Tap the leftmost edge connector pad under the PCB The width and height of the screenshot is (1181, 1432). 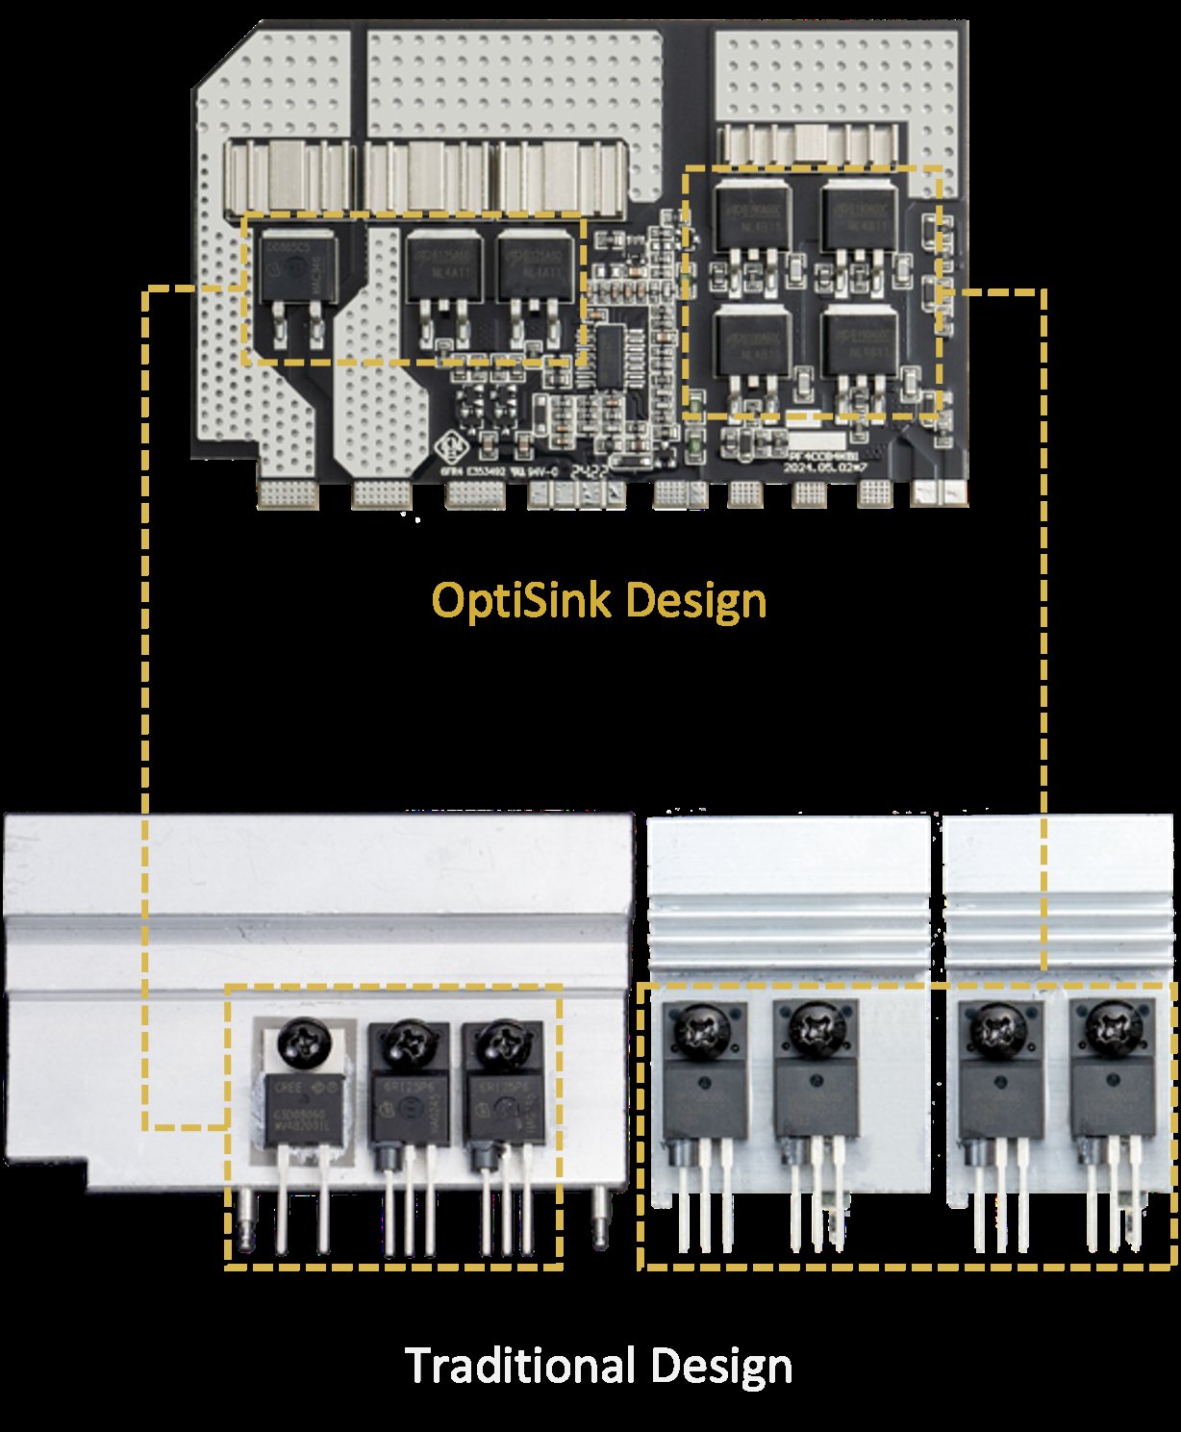pyautogui.click(x=289, y=494)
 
